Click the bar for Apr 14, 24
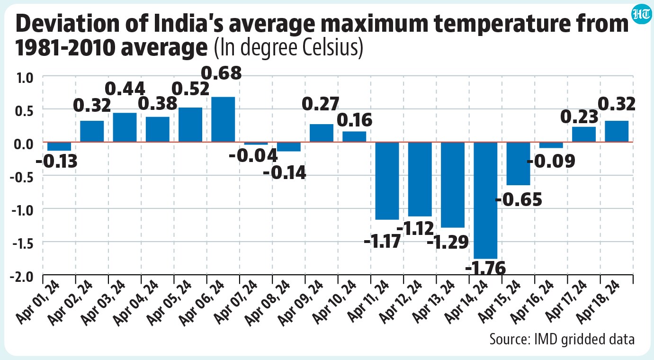[x=485, y=200]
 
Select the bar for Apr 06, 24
[x=223, y=119]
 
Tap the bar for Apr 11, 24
[x=387, y=181]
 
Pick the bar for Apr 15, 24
[x=518, y=163]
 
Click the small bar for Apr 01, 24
[x=59, y=146]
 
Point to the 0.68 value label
[x=221, y=73]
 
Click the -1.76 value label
[x=485, y=268]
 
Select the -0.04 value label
[x=253, y=155]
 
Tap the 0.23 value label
[x=579, y=117]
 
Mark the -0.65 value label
[x=519, y=200]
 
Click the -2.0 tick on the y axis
[x=22, y=277]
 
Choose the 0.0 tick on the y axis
[x=24, y=144]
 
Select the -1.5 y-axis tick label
[x=23, y=244]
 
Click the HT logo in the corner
[x=641, y=15]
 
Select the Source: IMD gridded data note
[x=562, y=340]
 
